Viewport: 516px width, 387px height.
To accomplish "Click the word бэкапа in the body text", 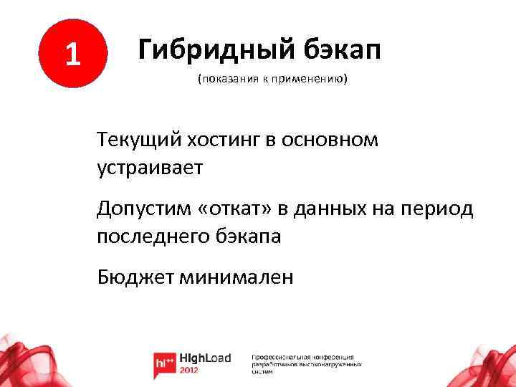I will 248,236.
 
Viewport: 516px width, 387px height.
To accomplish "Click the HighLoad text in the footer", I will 205,358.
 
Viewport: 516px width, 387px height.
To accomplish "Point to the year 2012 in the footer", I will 191,370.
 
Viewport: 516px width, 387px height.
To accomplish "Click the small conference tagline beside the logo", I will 306,363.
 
